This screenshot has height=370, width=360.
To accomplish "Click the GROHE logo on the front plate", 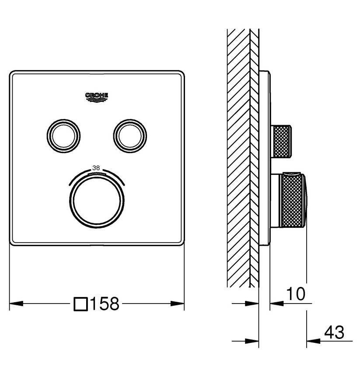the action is (97, 97).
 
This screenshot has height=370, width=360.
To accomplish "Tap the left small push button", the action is (63, 136).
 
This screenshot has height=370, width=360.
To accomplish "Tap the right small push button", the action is (130, 136).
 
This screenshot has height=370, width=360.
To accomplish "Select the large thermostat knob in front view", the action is (97, 201).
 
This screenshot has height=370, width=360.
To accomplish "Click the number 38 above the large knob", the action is (96, 168).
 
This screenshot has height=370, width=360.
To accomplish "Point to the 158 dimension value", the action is (105, 304).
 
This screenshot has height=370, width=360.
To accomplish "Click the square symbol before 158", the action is (81, 304).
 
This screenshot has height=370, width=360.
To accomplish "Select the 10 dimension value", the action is (296, 294).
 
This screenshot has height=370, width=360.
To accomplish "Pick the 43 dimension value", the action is (334, 332).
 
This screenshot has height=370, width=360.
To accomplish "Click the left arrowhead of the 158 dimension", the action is (16, 304).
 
